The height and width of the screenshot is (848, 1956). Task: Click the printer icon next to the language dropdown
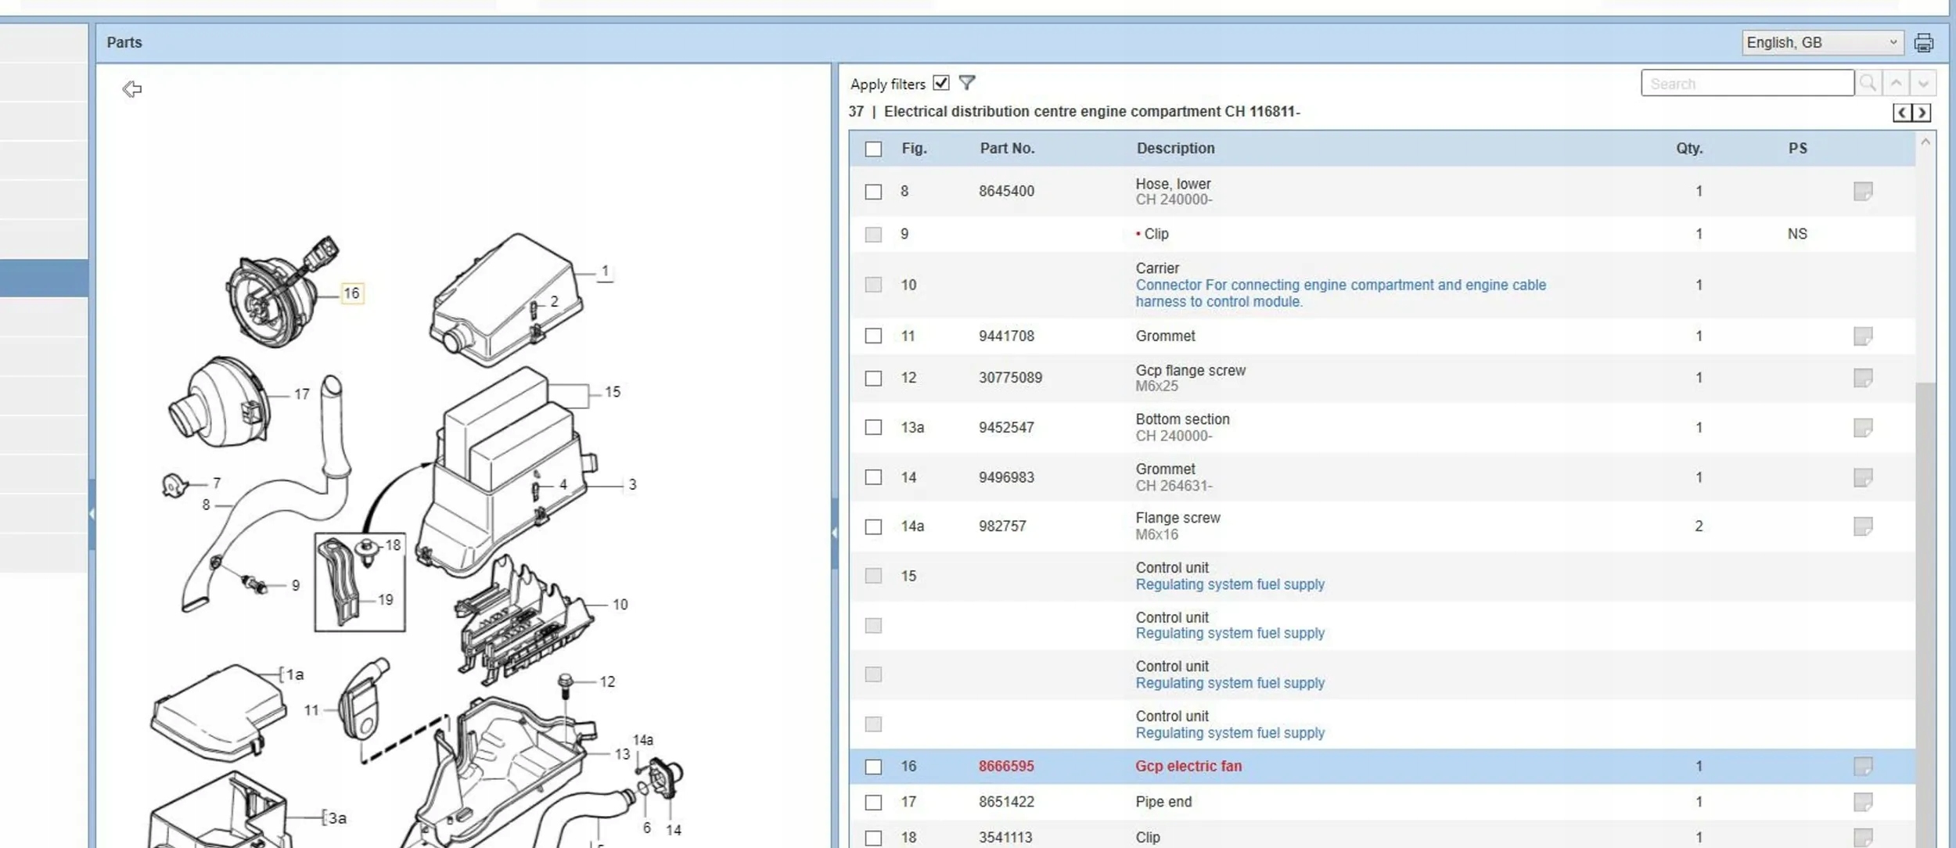[x=1924, y=42]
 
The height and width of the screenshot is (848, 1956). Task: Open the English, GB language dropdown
[x=1821, y=42]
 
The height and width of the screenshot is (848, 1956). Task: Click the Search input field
[x=1747, y=83]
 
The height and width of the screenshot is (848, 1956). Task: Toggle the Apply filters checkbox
[x=941, y=83]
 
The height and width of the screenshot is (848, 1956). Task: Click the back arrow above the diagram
[x=132, y=89]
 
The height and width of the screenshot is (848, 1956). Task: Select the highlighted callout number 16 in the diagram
[x=352, y=293]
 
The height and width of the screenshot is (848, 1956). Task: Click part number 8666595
[x=1006, y=766]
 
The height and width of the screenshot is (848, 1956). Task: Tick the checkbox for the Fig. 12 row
[x=873, y=379]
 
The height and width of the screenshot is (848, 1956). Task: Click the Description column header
[x=1175, y=148]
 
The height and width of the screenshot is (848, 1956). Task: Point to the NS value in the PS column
[x=1797, y=234]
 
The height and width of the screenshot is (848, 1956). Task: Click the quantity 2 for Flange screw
[x=1699, y=526]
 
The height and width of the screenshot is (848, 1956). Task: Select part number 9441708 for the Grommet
[x=1006, y=336]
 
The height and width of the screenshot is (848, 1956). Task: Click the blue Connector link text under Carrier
[x=1341, y=293]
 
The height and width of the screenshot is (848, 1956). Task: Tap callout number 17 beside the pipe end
[x=302, y=394]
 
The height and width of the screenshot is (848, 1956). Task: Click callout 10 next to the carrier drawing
[x=620, y=605]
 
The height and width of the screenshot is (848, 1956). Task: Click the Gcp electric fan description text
[x=1188, y=766]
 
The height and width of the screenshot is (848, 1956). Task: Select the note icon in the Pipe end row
[x=1863, y=802]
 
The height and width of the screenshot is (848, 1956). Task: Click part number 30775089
[x=1010, y=378]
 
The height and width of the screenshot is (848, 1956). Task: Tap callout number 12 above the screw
[x=607, y=682]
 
